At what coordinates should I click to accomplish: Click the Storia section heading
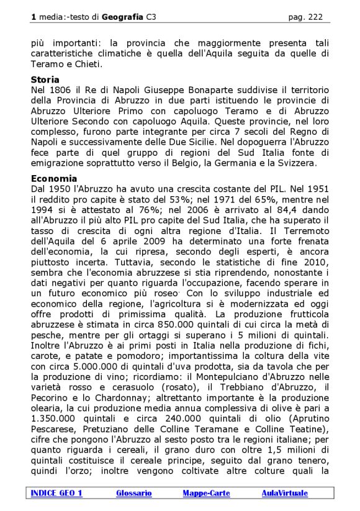(x=45, y=79)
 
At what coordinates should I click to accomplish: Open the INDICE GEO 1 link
(x=56, y=493)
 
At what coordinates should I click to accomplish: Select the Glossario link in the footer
(x=133, y=493)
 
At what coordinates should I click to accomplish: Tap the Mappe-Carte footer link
(x=206, y=493)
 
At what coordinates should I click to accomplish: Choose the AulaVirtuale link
(x=284, y=493)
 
